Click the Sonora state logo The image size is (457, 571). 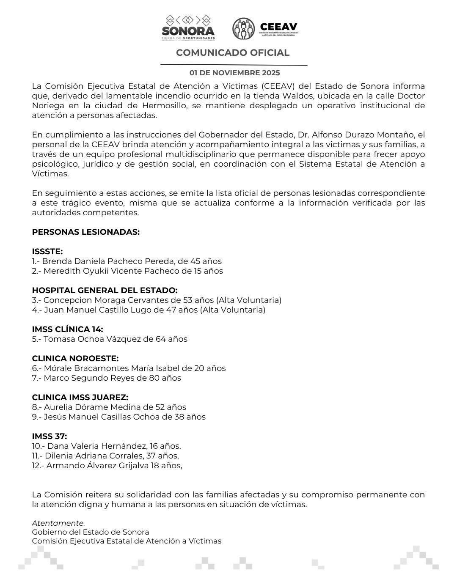188,27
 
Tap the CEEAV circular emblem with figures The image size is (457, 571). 243,29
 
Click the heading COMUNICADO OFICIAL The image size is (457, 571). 233,53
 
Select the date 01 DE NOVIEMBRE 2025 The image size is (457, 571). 234,73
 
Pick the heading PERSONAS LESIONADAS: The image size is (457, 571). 85,232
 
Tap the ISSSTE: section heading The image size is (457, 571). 47,252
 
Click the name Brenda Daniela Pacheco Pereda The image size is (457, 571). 108,261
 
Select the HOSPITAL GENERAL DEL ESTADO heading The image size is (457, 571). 105,291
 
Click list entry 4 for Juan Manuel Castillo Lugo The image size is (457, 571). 149,310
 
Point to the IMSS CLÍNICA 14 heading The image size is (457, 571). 67,329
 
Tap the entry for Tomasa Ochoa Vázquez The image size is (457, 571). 110,339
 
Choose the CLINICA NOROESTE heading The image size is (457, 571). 75,359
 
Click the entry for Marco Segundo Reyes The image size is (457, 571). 106,378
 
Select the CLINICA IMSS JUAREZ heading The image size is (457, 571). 80,398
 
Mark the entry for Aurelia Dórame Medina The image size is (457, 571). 109,407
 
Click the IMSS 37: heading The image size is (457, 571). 49,436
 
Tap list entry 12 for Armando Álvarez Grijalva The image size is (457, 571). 107,466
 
